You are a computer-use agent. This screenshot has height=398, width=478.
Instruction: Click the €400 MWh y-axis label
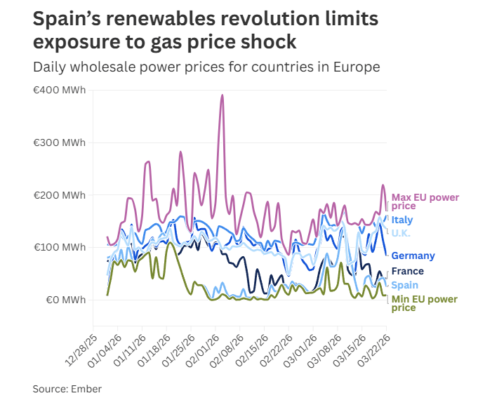coord(60,91)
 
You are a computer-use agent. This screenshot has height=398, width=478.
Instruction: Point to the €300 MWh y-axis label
coord(60,142)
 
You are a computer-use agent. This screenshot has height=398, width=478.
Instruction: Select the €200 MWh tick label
coord(60,194)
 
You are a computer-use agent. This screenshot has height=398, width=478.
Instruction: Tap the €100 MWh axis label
coord(60,247)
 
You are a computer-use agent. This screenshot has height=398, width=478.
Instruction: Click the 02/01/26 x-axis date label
coord(201,347)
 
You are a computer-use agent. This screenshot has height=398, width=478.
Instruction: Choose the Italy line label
coord(402,220)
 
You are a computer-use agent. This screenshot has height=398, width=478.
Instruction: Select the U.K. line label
coord(401,233)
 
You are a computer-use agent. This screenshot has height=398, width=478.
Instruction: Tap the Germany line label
coord(413,256)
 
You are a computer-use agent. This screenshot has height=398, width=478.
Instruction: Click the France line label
coord(407,271)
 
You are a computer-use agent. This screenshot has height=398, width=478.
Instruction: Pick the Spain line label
coord(404,285)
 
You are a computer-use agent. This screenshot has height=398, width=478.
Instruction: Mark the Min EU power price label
coord(424,303)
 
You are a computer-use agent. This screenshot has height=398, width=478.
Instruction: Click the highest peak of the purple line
coord(223,95)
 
